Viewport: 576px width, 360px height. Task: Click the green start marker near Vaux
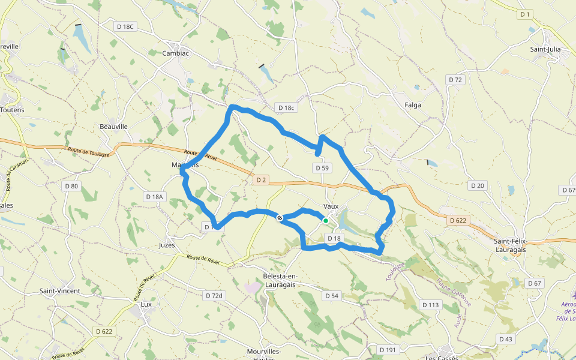point(326,221)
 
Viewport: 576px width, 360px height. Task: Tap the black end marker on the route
point(280,218)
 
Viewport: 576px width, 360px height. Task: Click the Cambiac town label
point(176,53)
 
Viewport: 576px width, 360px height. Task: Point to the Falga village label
point(413,105)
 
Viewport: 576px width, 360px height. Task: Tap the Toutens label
point(13,110)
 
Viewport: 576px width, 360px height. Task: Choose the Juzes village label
point(167,245)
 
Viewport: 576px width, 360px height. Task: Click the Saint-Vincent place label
point(60,291)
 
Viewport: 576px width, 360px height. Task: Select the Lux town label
point(146,304)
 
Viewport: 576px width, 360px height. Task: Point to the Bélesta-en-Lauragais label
point(281,281)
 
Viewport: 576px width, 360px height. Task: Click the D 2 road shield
point(260,179)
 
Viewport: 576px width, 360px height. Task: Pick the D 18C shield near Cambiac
point(126,26)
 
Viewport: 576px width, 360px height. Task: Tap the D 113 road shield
point(430,305)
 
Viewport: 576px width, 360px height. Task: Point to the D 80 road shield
point(71,186)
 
